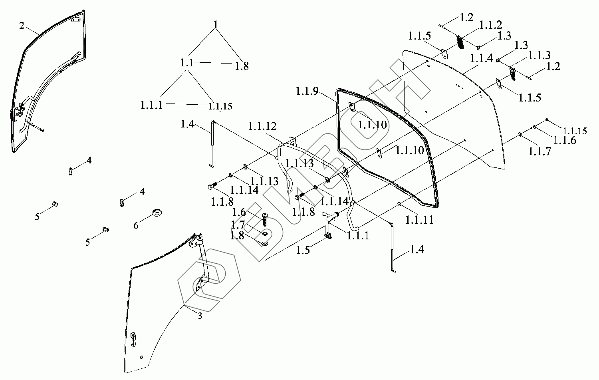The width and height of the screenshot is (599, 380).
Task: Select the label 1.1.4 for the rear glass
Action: pos(481,58)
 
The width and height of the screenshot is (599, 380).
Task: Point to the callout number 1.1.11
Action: pos(419,220)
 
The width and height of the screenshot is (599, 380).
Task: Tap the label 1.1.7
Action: pos(539,151)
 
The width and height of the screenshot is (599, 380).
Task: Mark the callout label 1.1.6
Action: pos(565,141)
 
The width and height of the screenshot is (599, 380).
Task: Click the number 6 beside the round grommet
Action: pos(136,226)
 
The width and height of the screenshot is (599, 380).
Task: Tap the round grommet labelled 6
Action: pos(157,212)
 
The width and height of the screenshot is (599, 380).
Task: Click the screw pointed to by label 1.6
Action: pos(265,219)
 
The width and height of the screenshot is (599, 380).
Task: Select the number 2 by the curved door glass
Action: pos(22,26)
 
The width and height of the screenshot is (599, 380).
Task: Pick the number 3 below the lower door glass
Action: pos(200,316)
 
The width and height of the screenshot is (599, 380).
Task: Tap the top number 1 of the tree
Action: pos(216,25)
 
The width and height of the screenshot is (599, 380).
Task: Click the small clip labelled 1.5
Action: pos(329,236)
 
